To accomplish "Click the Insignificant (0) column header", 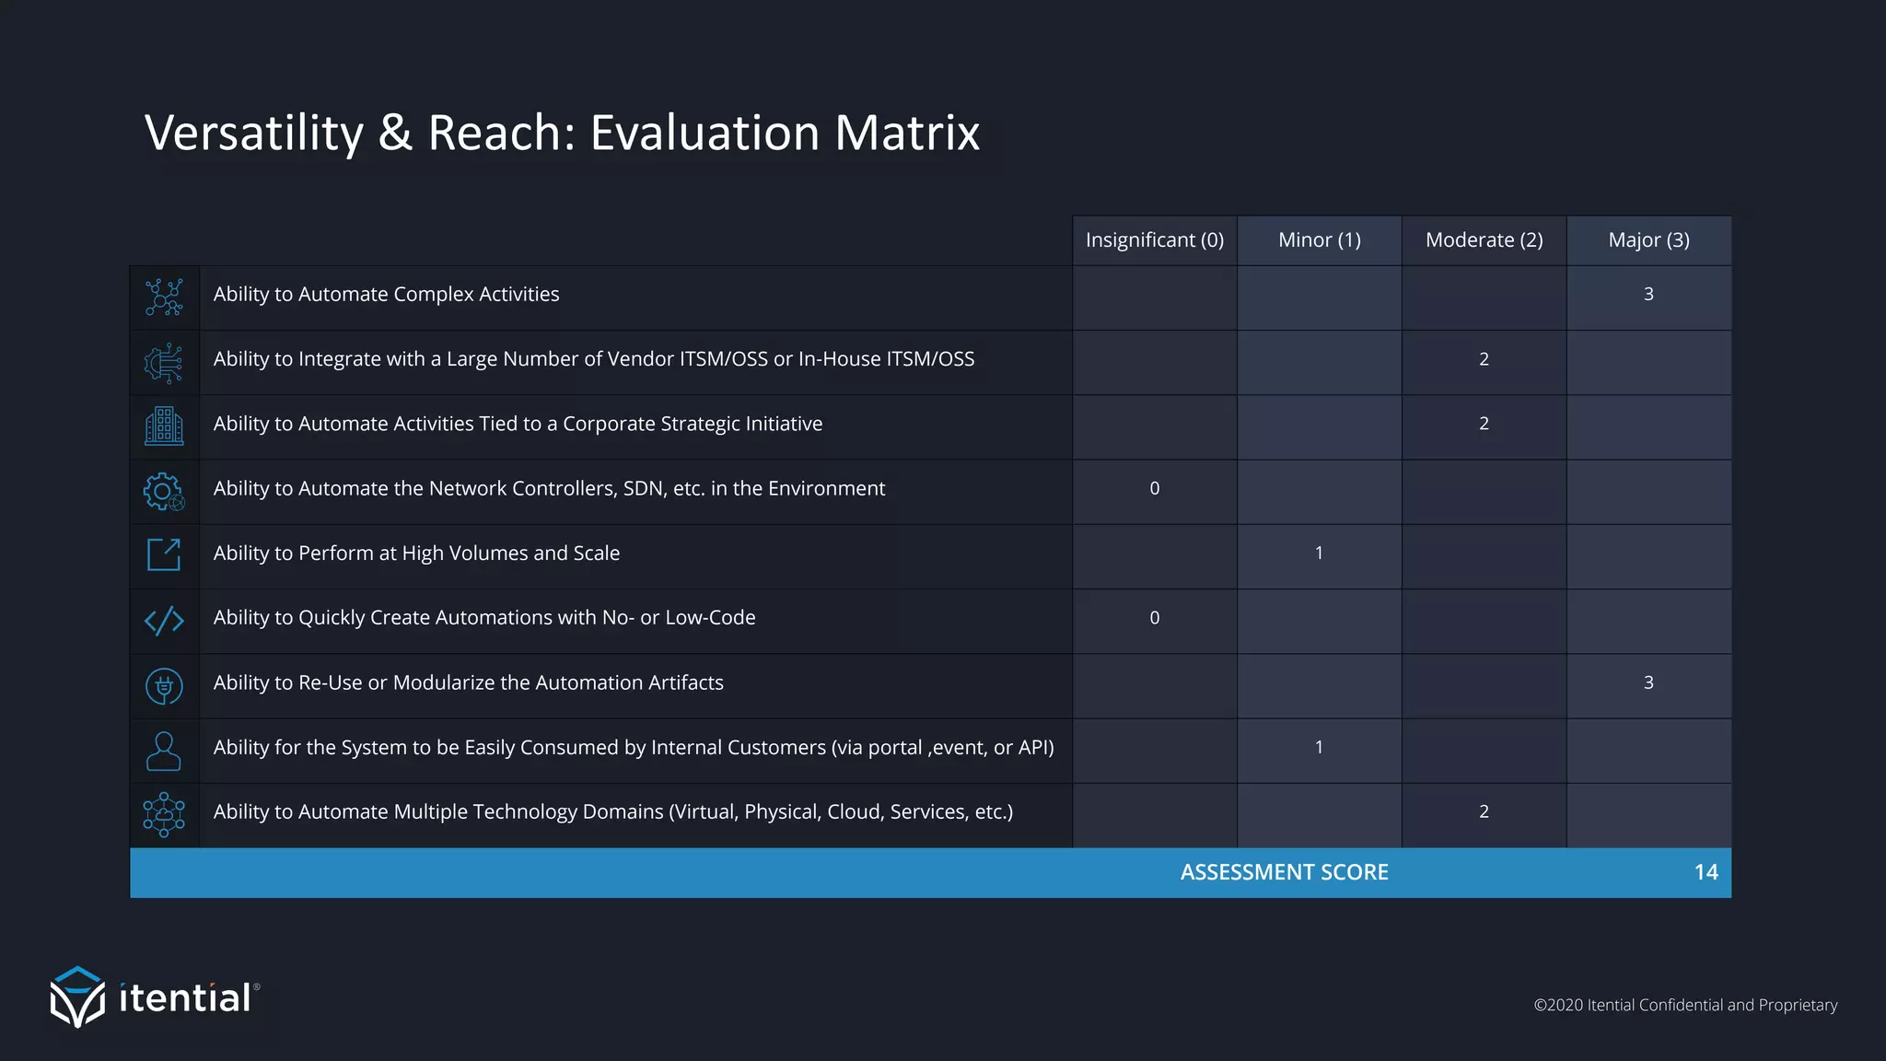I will click(1154, 240).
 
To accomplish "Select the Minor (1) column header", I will click(1319, 240).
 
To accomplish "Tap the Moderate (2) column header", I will click(1484, 240).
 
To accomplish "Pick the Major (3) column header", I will click(1648, 240).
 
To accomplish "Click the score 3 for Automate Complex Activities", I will click(1648, 294).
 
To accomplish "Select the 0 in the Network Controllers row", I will click(1154, 488).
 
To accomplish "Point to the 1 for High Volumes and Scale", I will click(1319, 553).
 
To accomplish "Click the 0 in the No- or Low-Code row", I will click(1154, 618).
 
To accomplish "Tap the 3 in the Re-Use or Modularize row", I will click(1648, 682).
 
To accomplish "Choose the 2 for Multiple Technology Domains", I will click(1484, 811).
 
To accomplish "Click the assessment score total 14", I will click(1706, 872).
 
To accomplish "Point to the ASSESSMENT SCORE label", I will click(1284, 872).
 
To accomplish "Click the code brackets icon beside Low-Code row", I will click(164, 621).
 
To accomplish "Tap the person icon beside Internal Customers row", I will click(164, 751).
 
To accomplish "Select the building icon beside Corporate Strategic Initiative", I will click(164, 426).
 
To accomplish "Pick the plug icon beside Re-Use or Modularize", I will click(164, 686).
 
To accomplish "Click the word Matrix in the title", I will click(907, 133).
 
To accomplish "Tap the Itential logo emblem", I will click(77, 997).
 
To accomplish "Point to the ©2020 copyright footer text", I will click(1684, 1005).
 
